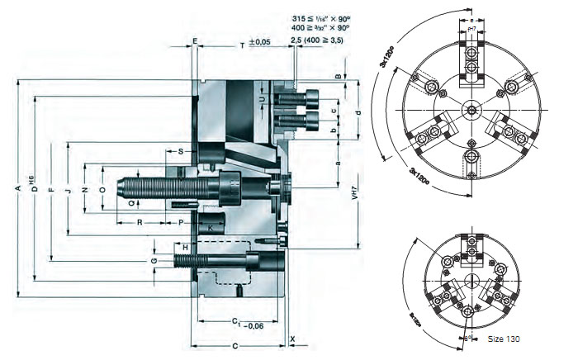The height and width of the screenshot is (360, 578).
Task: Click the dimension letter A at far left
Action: (17, 187)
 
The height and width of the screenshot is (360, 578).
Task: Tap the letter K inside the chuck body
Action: (211, 226)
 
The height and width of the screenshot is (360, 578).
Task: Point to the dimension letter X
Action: (294, 339)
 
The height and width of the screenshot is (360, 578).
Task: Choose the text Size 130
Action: (504, 339)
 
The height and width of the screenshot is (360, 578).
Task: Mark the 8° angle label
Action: (465, 337)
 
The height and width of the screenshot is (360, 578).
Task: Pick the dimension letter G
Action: (154, 261)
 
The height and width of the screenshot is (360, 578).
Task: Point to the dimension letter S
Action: (180, 152)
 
